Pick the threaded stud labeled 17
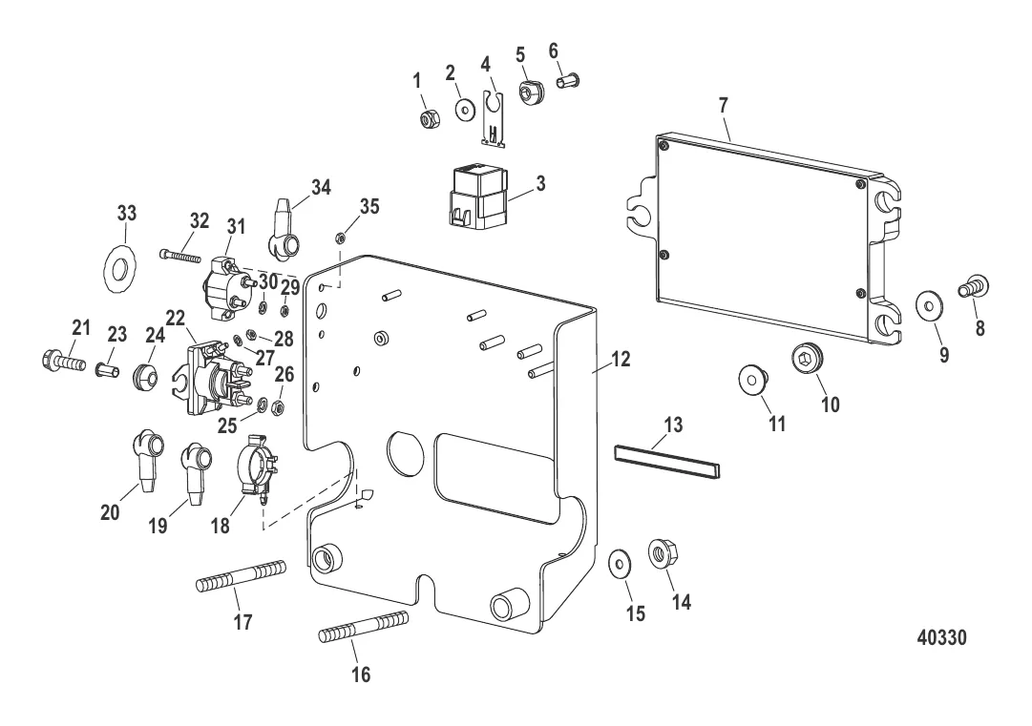click(242, 577)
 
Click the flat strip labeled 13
click(667, 459)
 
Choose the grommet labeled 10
click(806, 360)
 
